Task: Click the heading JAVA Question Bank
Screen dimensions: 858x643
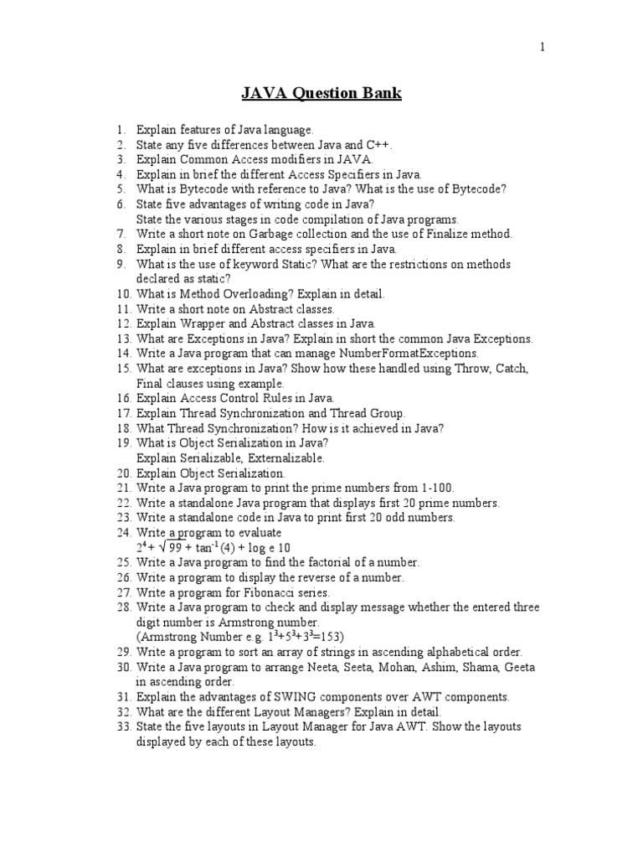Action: click(x=321, y=93)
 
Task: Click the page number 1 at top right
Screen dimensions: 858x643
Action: click(x=542, y=47)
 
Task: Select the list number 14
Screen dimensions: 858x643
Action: click(x=124, y=354)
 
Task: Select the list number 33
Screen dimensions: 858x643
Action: click(x=124, y=726)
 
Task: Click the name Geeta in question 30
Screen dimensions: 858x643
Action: click(x=518, y=667)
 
